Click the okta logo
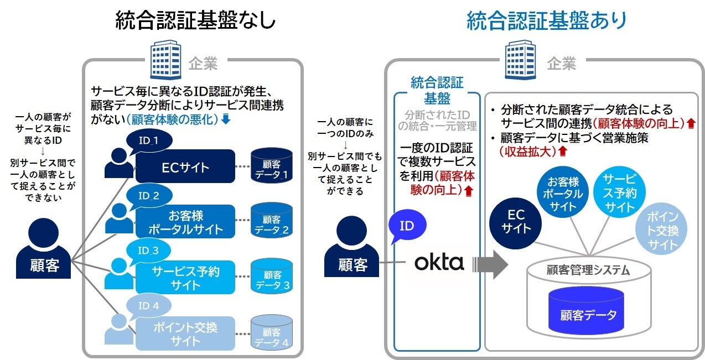pos(439,262)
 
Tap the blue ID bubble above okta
pos(406,227)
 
